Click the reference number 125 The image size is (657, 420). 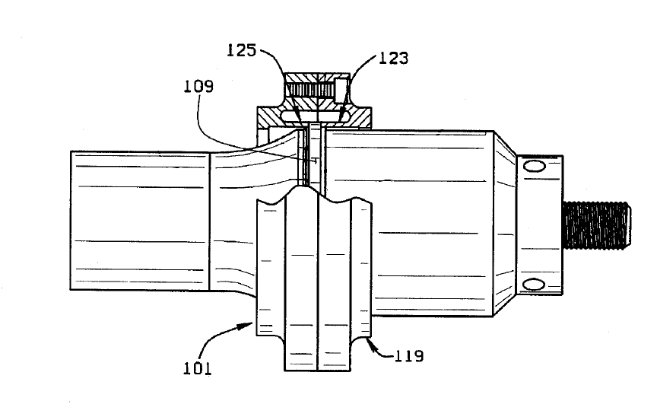click(241, 50)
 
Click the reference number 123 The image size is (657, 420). click(393, 59)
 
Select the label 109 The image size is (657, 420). click(198, 86)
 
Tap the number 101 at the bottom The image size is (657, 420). click(198, 368)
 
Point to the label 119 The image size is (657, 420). click(409, 356)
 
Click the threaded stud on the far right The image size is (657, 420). click(597, 225)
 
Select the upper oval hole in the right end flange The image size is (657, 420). click(535, 167)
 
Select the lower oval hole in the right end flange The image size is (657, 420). click(535, 285)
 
